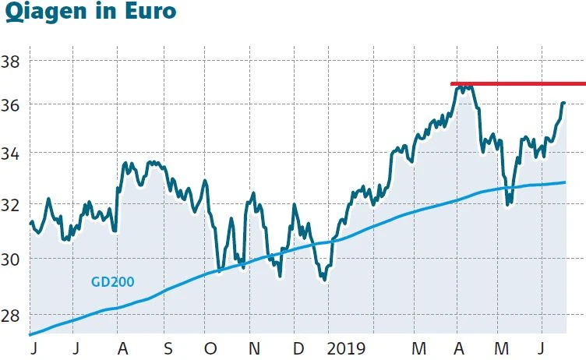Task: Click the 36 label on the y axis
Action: point(12,104)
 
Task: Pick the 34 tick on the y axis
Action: point(12,154)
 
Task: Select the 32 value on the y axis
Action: point(12,206)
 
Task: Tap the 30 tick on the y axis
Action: point(12,259)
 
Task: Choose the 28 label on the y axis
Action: point(12,315)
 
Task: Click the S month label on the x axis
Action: point(166,348)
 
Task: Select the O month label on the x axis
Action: point(211,348)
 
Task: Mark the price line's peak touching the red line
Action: point(464,86)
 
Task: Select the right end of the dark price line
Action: point(563,103)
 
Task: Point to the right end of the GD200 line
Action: point(564,182)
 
